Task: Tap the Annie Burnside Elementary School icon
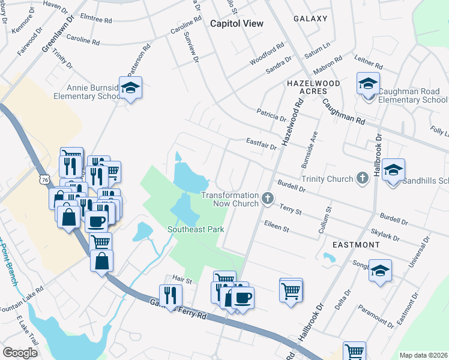tap(130, 88)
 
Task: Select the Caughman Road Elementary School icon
tap(367, 83)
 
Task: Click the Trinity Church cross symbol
tap(361, 178)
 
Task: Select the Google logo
tap(20, 352)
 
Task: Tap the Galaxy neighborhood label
tap(310, 19)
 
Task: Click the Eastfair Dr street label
tap(261, 143)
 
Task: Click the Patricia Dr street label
tap(271, 112)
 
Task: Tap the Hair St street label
tap(181, 278)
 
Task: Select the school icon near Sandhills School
tap(393, 170)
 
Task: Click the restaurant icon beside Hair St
tap(170, 295)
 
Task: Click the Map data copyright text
tap(423, 355)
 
